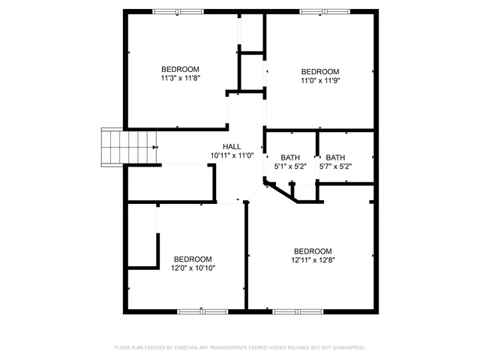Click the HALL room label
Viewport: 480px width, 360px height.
click(232, 146)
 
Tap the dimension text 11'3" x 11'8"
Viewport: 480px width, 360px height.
click(180, 78)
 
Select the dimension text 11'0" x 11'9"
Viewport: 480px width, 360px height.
click(320, 81)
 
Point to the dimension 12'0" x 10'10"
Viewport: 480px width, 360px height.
click(193, 268)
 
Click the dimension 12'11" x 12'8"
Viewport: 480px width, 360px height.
click(313, 260)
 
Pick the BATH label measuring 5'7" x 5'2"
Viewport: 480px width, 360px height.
click(335, 166)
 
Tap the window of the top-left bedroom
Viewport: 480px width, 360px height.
click(178, 11)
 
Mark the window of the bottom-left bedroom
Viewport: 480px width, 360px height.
click(202, 311)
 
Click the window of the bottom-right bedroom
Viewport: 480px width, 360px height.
click(298, 311)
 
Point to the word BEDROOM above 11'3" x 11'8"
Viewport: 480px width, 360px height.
click(180, 69)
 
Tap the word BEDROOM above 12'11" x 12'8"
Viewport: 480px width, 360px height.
click(313, 251)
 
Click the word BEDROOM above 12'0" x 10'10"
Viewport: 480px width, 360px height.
click(193, 259)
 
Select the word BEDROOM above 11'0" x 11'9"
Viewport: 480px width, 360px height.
click(320, 72)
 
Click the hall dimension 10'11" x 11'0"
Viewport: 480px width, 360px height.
click(232, 155)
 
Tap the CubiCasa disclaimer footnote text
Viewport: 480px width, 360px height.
click(239, 348)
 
